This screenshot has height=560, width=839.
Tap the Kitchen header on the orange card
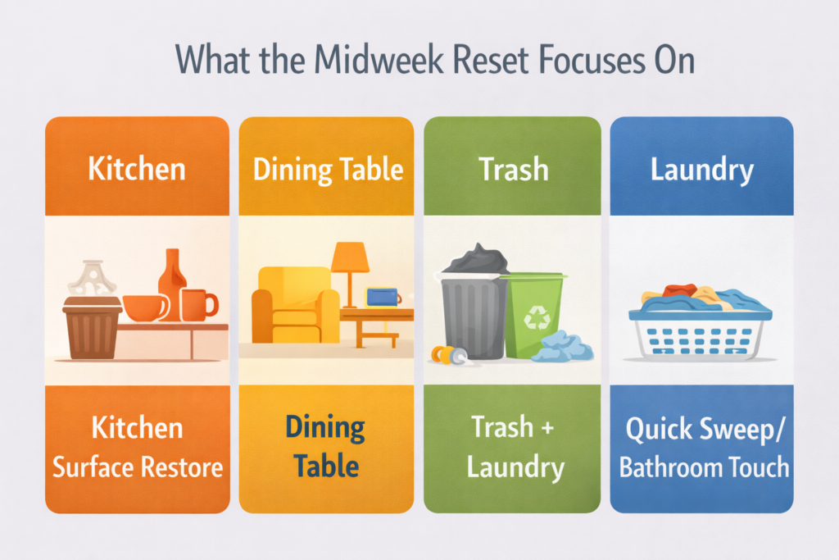click(x=137, y=169)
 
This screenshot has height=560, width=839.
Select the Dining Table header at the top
click(x=328, y=169)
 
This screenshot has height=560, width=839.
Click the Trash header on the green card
click(x=514, y=169)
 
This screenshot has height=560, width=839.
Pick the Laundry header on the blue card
click(x=702, y=170)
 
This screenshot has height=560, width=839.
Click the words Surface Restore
click(x=138, y=467)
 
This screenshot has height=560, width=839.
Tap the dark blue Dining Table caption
click(x=326, y=447)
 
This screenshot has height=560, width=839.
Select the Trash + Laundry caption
click(x=514, y=448)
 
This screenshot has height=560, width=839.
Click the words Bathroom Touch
click(x=704, y=467)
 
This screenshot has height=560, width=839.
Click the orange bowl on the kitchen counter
click(x=144, y=307)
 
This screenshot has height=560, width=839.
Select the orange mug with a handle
click(x=197, y=305)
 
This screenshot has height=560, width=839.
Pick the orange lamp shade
click(x=351, y=257)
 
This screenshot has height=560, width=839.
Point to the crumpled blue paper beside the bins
click(x=563, y=347)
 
